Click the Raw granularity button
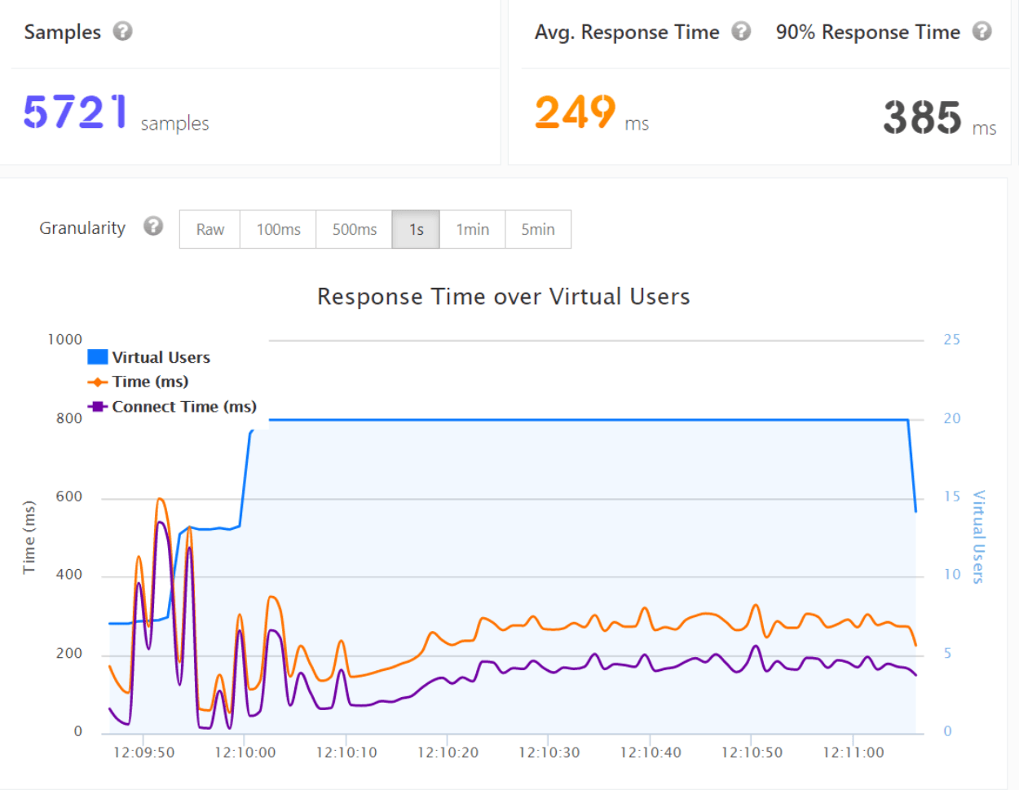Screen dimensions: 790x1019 [210, 229]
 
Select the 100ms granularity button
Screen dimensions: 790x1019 [278, 229]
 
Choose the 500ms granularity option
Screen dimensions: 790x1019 [354, 229]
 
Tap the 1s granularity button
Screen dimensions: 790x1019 [416, 229]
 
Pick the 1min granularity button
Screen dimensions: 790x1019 [472, 229]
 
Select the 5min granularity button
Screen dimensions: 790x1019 [538, 229]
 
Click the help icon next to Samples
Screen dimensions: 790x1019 [122, 31]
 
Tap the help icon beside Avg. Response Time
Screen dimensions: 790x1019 [740, 31]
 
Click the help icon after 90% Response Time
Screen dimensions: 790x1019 [982, 31]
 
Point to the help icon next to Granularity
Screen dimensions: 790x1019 [153, 226]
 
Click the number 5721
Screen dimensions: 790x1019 [75, 112]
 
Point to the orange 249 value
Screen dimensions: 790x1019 [575, 112]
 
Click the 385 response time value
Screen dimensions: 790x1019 [922, 117]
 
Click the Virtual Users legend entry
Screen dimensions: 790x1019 [149, 357]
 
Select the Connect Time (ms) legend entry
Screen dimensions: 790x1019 [173, 406]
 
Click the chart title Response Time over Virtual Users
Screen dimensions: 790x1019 [503, 296]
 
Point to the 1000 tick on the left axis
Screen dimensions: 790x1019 [65, 339]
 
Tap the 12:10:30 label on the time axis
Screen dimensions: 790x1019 [549, 752]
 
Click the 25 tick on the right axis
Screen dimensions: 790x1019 [951, 339]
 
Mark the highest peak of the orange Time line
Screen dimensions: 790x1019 [161, 498]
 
